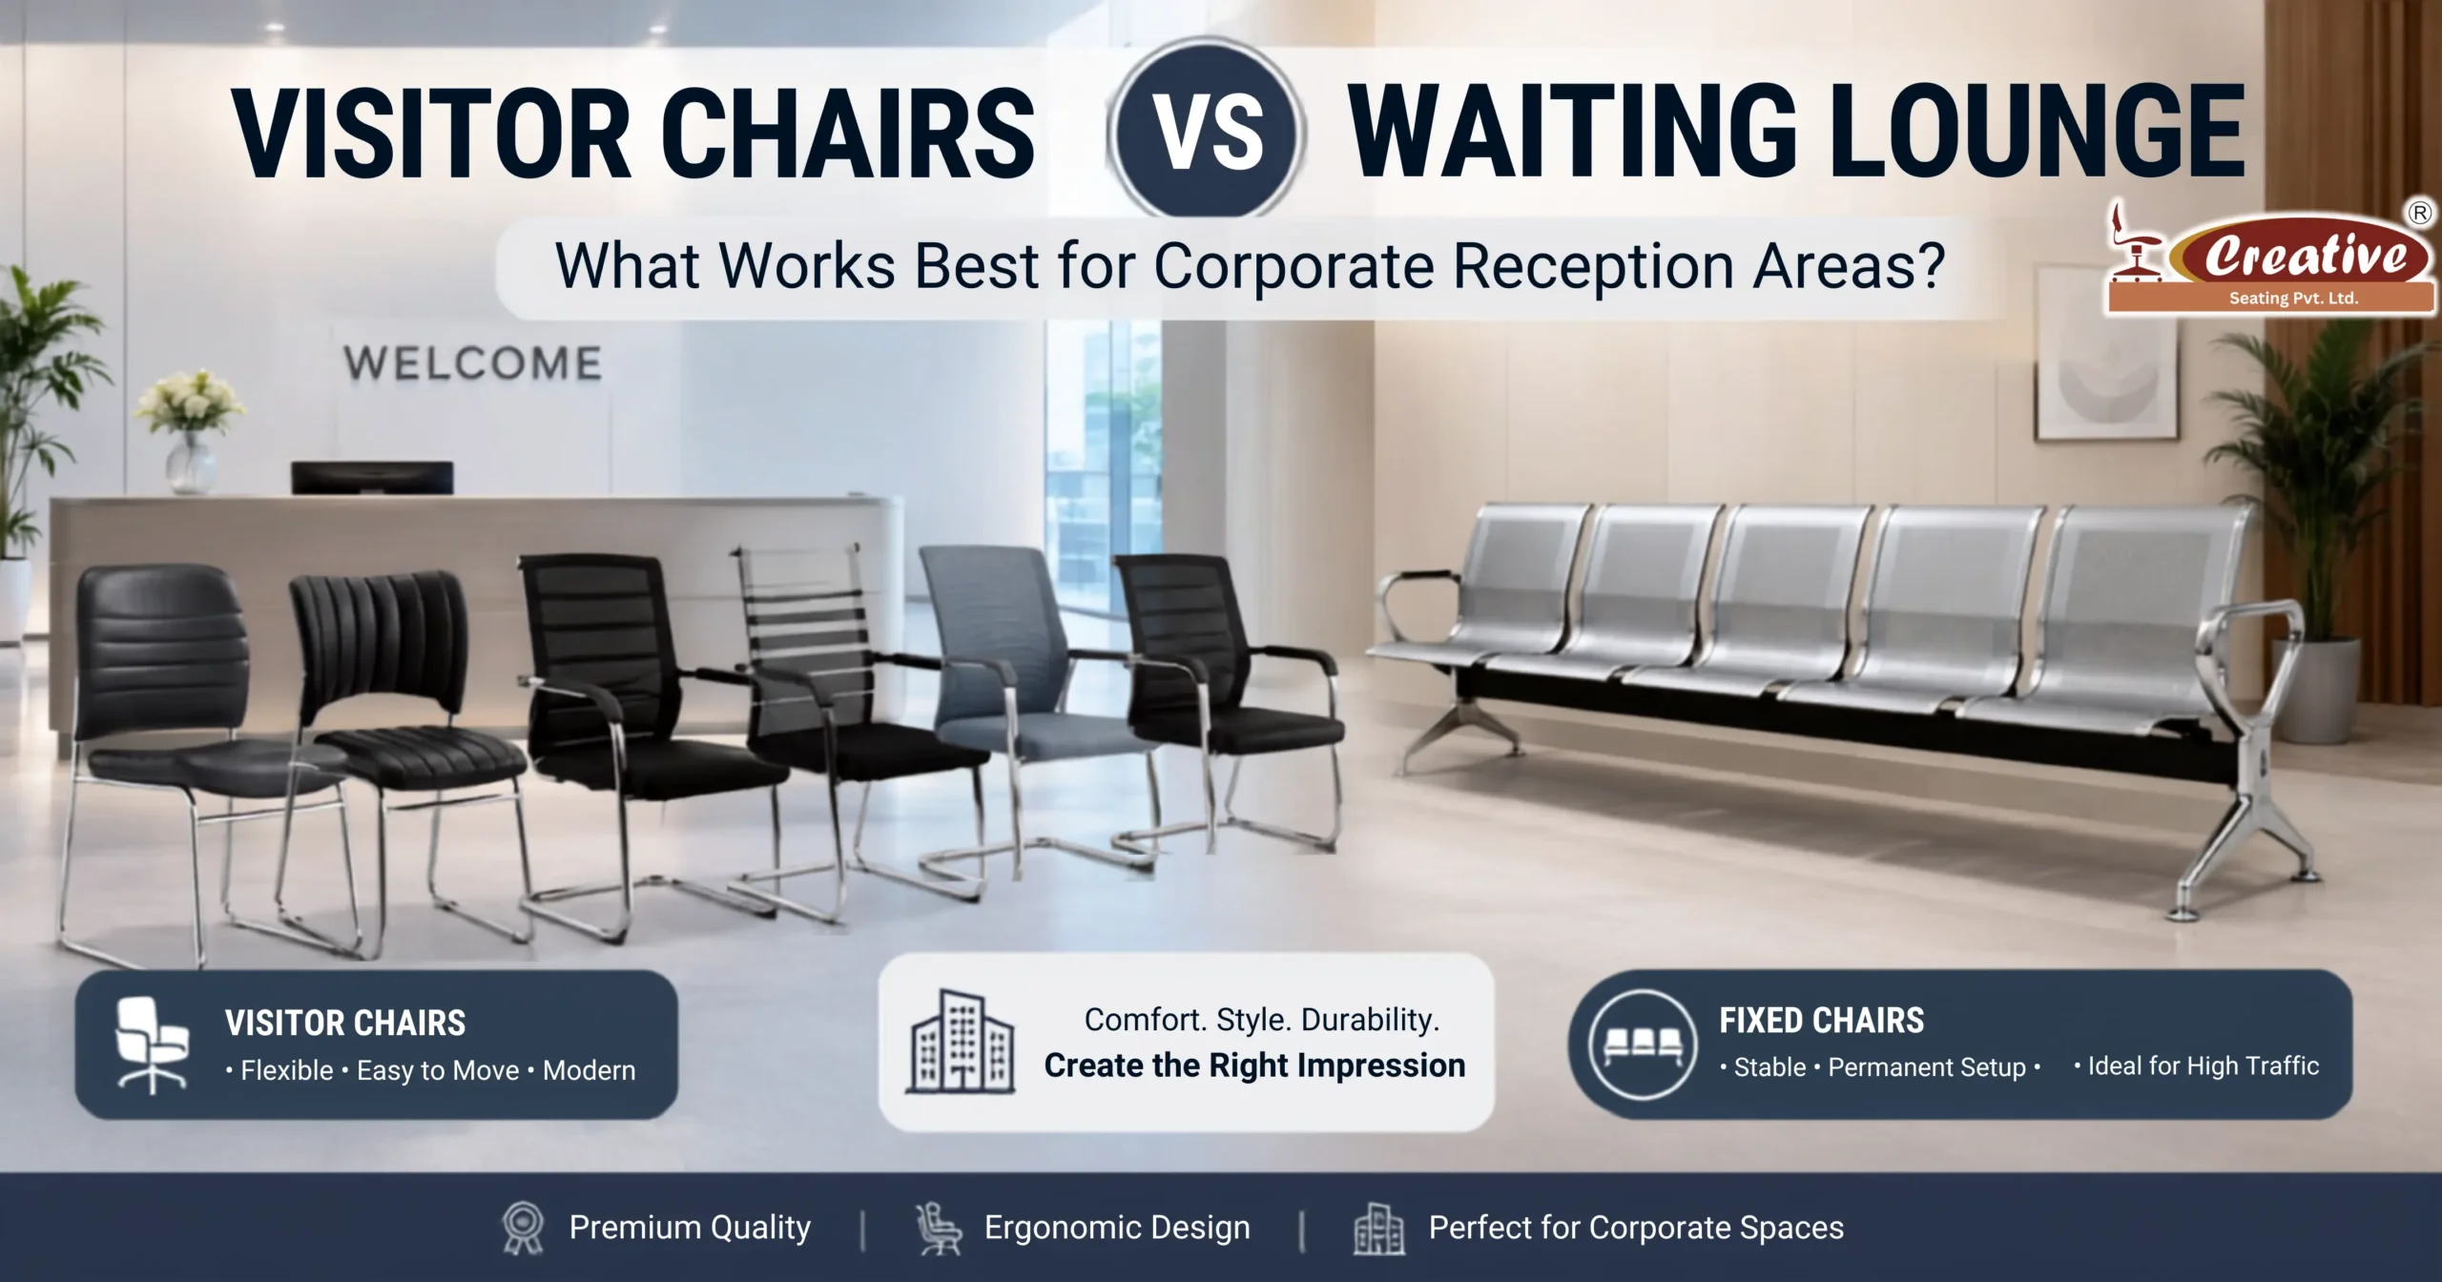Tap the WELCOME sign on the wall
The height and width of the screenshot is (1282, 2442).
point(473,363)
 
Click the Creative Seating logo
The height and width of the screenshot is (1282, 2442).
point(2270,258)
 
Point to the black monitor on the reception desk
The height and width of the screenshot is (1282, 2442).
point(372,477)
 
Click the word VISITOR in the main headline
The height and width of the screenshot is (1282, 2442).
point(434,133)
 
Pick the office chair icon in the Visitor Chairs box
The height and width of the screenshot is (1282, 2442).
point(151,1044)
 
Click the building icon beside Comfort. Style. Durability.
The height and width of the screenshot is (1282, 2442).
point(961,1042)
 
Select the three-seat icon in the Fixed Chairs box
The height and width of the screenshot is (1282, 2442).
point(1643,1044)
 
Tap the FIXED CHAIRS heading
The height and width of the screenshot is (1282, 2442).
point(1822,1021)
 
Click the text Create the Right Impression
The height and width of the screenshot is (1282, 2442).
point(1254,1065)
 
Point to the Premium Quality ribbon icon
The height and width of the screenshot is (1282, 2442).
point(523,1229)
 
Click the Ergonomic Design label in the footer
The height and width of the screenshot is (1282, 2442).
point(1117,1228)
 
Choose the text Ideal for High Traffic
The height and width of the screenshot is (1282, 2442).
point(2204,1065)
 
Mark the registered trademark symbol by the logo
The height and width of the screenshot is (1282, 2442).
point(2420,213)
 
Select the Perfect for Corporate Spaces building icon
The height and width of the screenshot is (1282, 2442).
point(1378,1229)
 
